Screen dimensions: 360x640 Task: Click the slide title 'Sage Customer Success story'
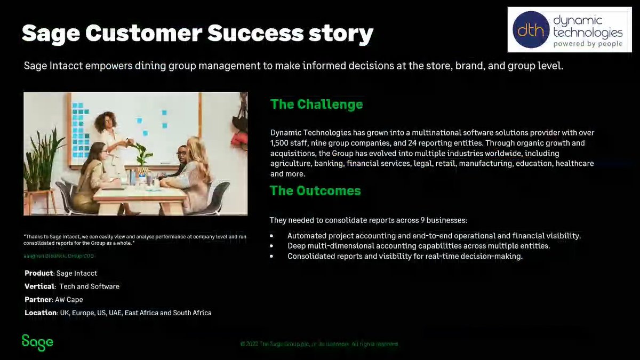click(197, 34)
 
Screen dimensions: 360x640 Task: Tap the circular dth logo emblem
click(531, 30)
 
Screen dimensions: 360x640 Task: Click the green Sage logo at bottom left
click(37, 342)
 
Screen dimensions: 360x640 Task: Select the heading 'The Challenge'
click(316, 104)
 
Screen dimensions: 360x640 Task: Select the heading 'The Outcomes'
click(315, 190)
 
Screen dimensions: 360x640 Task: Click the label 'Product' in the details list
click(39, 273)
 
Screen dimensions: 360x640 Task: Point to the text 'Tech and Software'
click(89, 286)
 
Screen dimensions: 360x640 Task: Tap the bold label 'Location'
click(41, 313)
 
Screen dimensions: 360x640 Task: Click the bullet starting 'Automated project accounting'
click(434, 236)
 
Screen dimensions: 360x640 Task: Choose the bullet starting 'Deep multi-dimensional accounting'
click(418, 246)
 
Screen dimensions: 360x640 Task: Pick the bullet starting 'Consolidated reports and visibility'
click(405, 256)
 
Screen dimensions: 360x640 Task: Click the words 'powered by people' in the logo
click(587, 44)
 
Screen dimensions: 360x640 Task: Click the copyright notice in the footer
click(319, 344)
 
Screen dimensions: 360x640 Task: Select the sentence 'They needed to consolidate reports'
click(368, 220)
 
